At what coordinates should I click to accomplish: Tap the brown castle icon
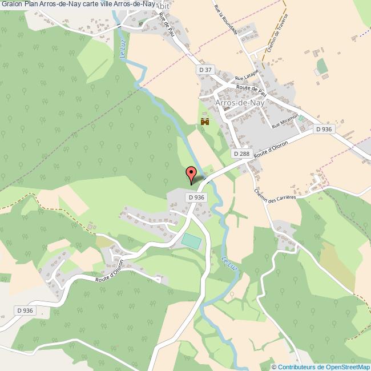point(205,122)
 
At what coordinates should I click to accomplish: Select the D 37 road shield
point(205,70)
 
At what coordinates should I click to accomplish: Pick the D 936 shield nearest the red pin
point(195,197)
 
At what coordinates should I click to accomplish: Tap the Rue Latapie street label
point(247,75)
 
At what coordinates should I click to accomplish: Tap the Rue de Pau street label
point(167,26)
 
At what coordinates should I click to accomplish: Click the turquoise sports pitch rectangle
point(192,241)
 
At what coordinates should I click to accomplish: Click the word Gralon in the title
point(11,5)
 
